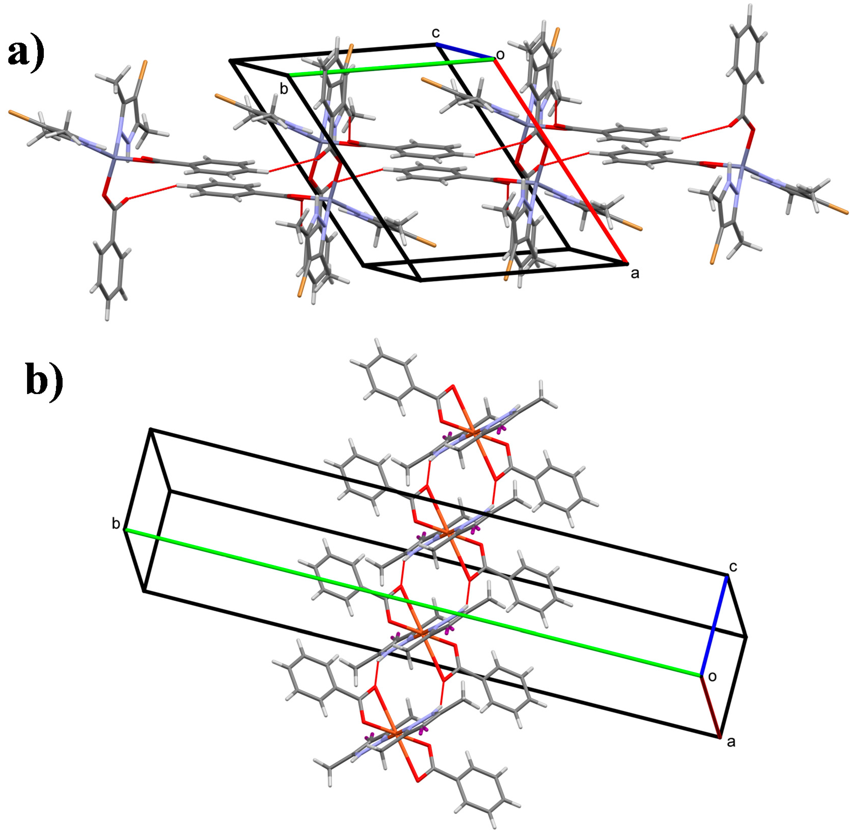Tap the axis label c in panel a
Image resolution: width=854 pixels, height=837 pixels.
click(x=435, y=33)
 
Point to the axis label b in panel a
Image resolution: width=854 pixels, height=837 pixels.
click(x=284, y=89)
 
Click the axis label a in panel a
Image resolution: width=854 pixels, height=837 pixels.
click(x=635, y=274)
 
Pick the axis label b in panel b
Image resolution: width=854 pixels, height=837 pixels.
click(x=116, y=524)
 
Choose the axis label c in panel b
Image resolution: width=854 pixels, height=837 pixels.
click(x=733, y=567)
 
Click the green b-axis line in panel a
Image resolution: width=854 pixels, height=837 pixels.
click(x=391, y=67)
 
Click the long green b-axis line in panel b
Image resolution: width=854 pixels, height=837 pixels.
click(x=413, y=602)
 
